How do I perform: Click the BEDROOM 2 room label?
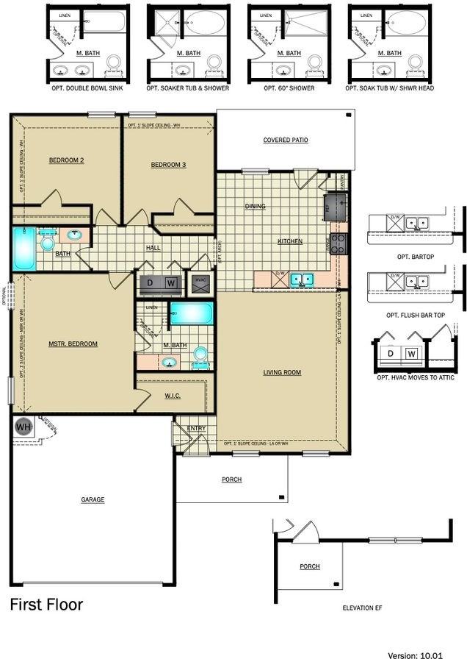(66, 160)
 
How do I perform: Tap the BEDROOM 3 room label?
(168, 165)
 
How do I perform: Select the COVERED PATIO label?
(286, 140)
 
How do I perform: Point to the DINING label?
(256, 207)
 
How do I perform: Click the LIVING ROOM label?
(282, 372)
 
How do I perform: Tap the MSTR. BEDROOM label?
(73, 343)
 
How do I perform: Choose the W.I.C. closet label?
(173, 396)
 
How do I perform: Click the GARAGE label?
(93, 499)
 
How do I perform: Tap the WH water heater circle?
(23, 427)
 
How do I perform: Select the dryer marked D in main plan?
(151, 282)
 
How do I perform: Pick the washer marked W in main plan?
(170, 282)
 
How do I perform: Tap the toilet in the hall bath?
(48, 242)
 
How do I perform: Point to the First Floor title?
(46, 605)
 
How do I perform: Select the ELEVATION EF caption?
(363, 608)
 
